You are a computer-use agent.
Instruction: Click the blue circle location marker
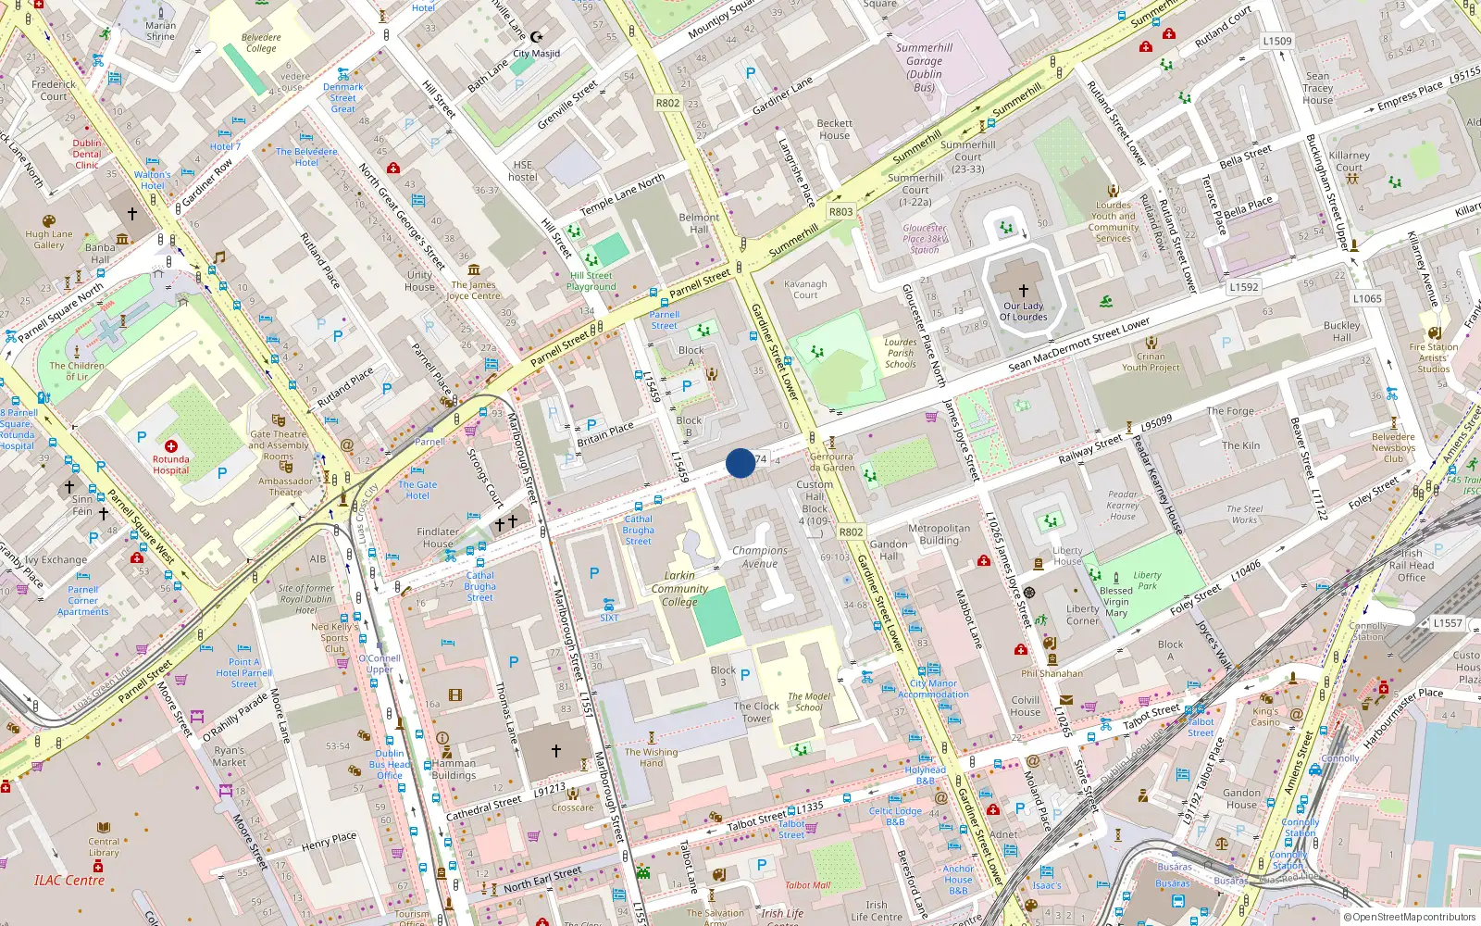click(740, 463)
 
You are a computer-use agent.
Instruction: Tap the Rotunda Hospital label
click(171, 465)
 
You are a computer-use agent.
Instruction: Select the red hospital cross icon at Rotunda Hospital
click(171, 446)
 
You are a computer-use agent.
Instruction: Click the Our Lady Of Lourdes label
click(1023, 311)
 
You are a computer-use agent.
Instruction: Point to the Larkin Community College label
click(679, 588)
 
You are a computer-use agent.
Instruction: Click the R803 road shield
click(840, 212)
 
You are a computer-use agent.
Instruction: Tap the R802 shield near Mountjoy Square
click(667, 103)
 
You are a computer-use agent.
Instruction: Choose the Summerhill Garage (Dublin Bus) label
click(924, 68)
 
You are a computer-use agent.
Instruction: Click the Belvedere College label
click(261, 43)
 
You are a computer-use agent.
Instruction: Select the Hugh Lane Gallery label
click(49, 240)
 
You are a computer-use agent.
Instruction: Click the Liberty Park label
click(1147, 580)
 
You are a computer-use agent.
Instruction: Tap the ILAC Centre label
click(69, 881)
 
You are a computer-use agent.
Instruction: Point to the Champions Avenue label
click(760, 557)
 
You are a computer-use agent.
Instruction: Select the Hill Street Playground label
click(591, 281)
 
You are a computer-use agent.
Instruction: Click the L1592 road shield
click(1244, 287)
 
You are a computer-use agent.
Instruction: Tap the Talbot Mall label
click(808, 885)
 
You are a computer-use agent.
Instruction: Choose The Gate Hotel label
click(417, 490)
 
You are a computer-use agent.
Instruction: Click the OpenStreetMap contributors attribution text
click(1413, 918)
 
